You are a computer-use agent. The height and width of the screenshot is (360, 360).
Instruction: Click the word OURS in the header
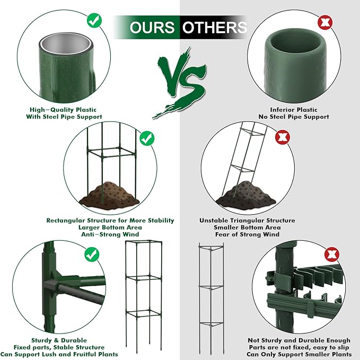pyautogui.click(x=152, y=28)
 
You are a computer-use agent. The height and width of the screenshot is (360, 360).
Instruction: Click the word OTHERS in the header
pyautogui.click(x=215, y=28)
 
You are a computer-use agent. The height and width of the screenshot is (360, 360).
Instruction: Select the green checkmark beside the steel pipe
pyautogui.click(x=94, y=21)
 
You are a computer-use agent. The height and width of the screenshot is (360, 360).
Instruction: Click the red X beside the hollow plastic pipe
pyautogui.click(x=325, y=22)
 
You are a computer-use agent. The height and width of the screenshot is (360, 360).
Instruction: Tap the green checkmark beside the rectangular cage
pyautogui.click(x=147, y=138)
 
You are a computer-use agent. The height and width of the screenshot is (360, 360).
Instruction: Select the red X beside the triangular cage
pyautogui.click(x=283, y=137)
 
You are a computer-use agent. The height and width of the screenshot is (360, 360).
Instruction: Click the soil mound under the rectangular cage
pyautogui.click(x=109, y=195)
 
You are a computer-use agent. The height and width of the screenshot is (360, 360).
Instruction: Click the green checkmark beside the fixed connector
pyautogui.click(x=92, y=254)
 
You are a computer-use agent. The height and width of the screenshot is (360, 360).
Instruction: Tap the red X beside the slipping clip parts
pyautogui.click(x=332, y=254)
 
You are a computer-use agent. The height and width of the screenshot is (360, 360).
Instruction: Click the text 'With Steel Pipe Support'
pyautogui.click(x=64, y=117)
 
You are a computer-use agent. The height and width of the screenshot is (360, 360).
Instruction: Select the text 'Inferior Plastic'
pyautogui.click(x=294, y=110)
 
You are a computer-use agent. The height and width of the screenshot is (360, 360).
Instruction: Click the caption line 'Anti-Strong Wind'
pyautogui.click(x=110, y=234)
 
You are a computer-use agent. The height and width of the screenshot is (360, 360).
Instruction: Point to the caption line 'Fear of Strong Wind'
pyautogui.click(x=247, y=234)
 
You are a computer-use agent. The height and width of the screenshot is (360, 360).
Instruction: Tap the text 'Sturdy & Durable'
pyautogui.click(x=59, y=340)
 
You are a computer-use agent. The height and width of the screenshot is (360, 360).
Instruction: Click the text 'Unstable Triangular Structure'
pyautogui.click(x=247, y=221)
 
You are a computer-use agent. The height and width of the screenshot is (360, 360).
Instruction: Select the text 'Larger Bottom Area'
pyautogui.click(x=110, y=227)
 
